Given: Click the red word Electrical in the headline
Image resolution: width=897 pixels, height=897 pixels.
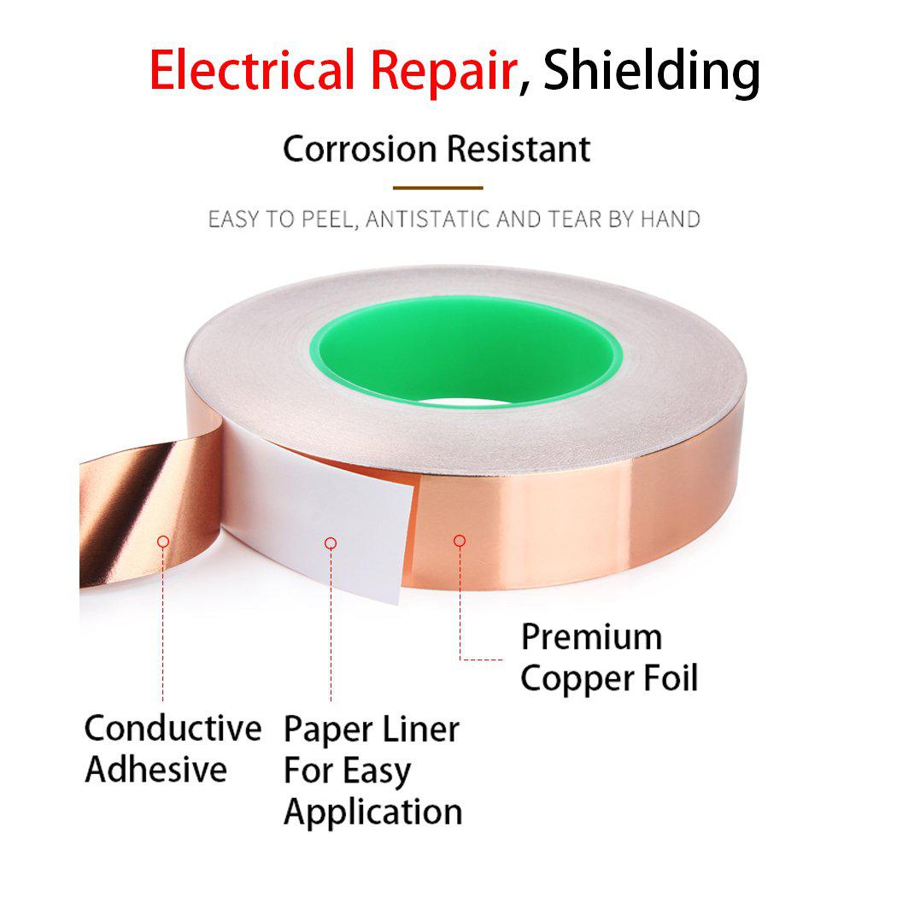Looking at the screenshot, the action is tap(252, 70).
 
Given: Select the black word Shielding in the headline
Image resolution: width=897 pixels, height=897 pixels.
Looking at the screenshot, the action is tap(652, 72).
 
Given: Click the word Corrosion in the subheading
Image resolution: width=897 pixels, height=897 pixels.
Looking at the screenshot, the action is tap(360, 149).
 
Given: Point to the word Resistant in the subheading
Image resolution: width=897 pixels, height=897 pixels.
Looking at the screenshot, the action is tap(519, 149).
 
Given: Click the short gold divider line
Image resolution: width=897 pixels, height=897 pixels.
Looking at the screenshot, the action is tap(437, 188).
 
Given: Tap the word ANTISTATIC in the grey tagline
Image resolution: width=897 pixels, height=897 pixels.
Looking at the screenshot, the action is tap(428, 220).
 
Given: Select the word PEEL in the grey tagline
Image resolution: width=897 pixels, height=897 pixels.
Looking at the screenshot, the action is tap(330, 220).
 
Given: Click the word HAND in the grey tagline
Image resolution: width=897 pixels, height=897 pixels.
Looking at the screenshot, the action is tap(671, 220).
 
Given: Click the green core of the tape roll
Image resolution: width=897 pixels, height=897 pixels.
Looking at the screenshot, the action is tap(466, 351).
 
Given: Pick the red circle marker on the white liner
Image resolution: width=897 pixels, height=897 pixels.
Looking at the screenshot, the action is tap(330, 542).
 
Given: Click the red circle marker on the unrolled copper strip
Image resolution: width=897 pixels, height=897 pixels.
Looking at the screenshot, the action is tap(163, 541).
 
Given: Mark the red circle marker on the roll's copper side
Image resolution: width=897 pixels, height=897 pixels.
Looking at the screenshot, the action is tap(460, 541).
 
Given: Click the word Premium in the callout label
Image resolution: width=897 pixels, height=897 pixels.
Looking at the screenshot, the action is tap(591, 637).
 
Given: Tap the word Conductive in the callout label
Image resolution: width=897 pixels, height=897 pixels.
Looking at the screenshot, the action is tap(173, 728).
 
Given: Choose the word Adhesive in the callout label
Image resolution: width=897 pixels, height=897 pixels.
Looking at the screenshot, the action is tap(155, 770).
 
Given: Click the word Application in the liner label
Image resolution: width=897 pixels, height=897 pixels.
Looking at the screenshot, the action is tap(373, 813).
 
